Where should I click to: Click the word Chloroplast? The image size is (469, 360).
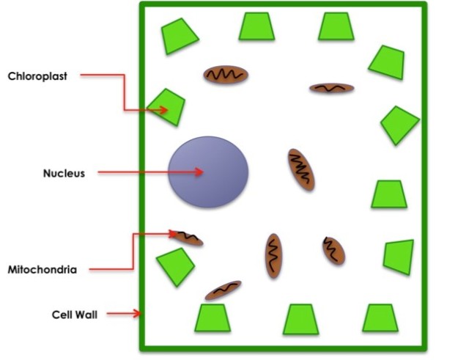coord(37,76)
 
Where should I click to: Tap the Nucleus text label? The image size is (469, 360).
coord(64,174)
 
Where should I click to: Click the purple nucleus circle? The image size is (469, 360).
coord(209,172)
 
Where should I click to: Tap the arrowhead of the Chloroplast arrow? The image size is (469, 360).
coord(165,110)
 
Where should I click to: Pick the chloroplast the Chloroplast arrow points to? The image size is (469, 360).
coord(169,107)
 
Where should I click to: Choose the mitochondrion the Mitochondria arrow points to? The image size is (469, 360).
coord(188,238)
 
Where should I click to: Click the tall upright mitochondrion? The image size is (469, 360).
coord(273,256)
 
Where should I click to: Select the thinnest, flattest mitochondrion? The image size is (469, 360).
coord(331,88)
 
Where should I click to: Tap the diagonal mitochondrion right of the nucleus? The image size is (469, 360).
coord(300,169)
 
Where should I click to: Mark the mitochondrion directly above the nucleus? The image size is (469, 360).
coord(226,74)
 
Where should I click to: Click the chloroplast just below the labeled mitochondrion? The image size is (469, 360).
coord(175,265)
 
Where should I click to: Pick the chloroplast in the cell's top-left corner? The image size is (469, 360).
coord(179,35)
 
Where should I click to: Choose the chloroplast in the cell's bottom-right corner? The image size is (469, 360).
coord(380,318)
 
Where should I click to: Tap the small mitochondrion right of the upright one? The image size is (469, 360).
coord(333,251)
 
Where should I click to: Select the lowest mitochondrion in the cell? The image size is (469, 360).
coord(223,290)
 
